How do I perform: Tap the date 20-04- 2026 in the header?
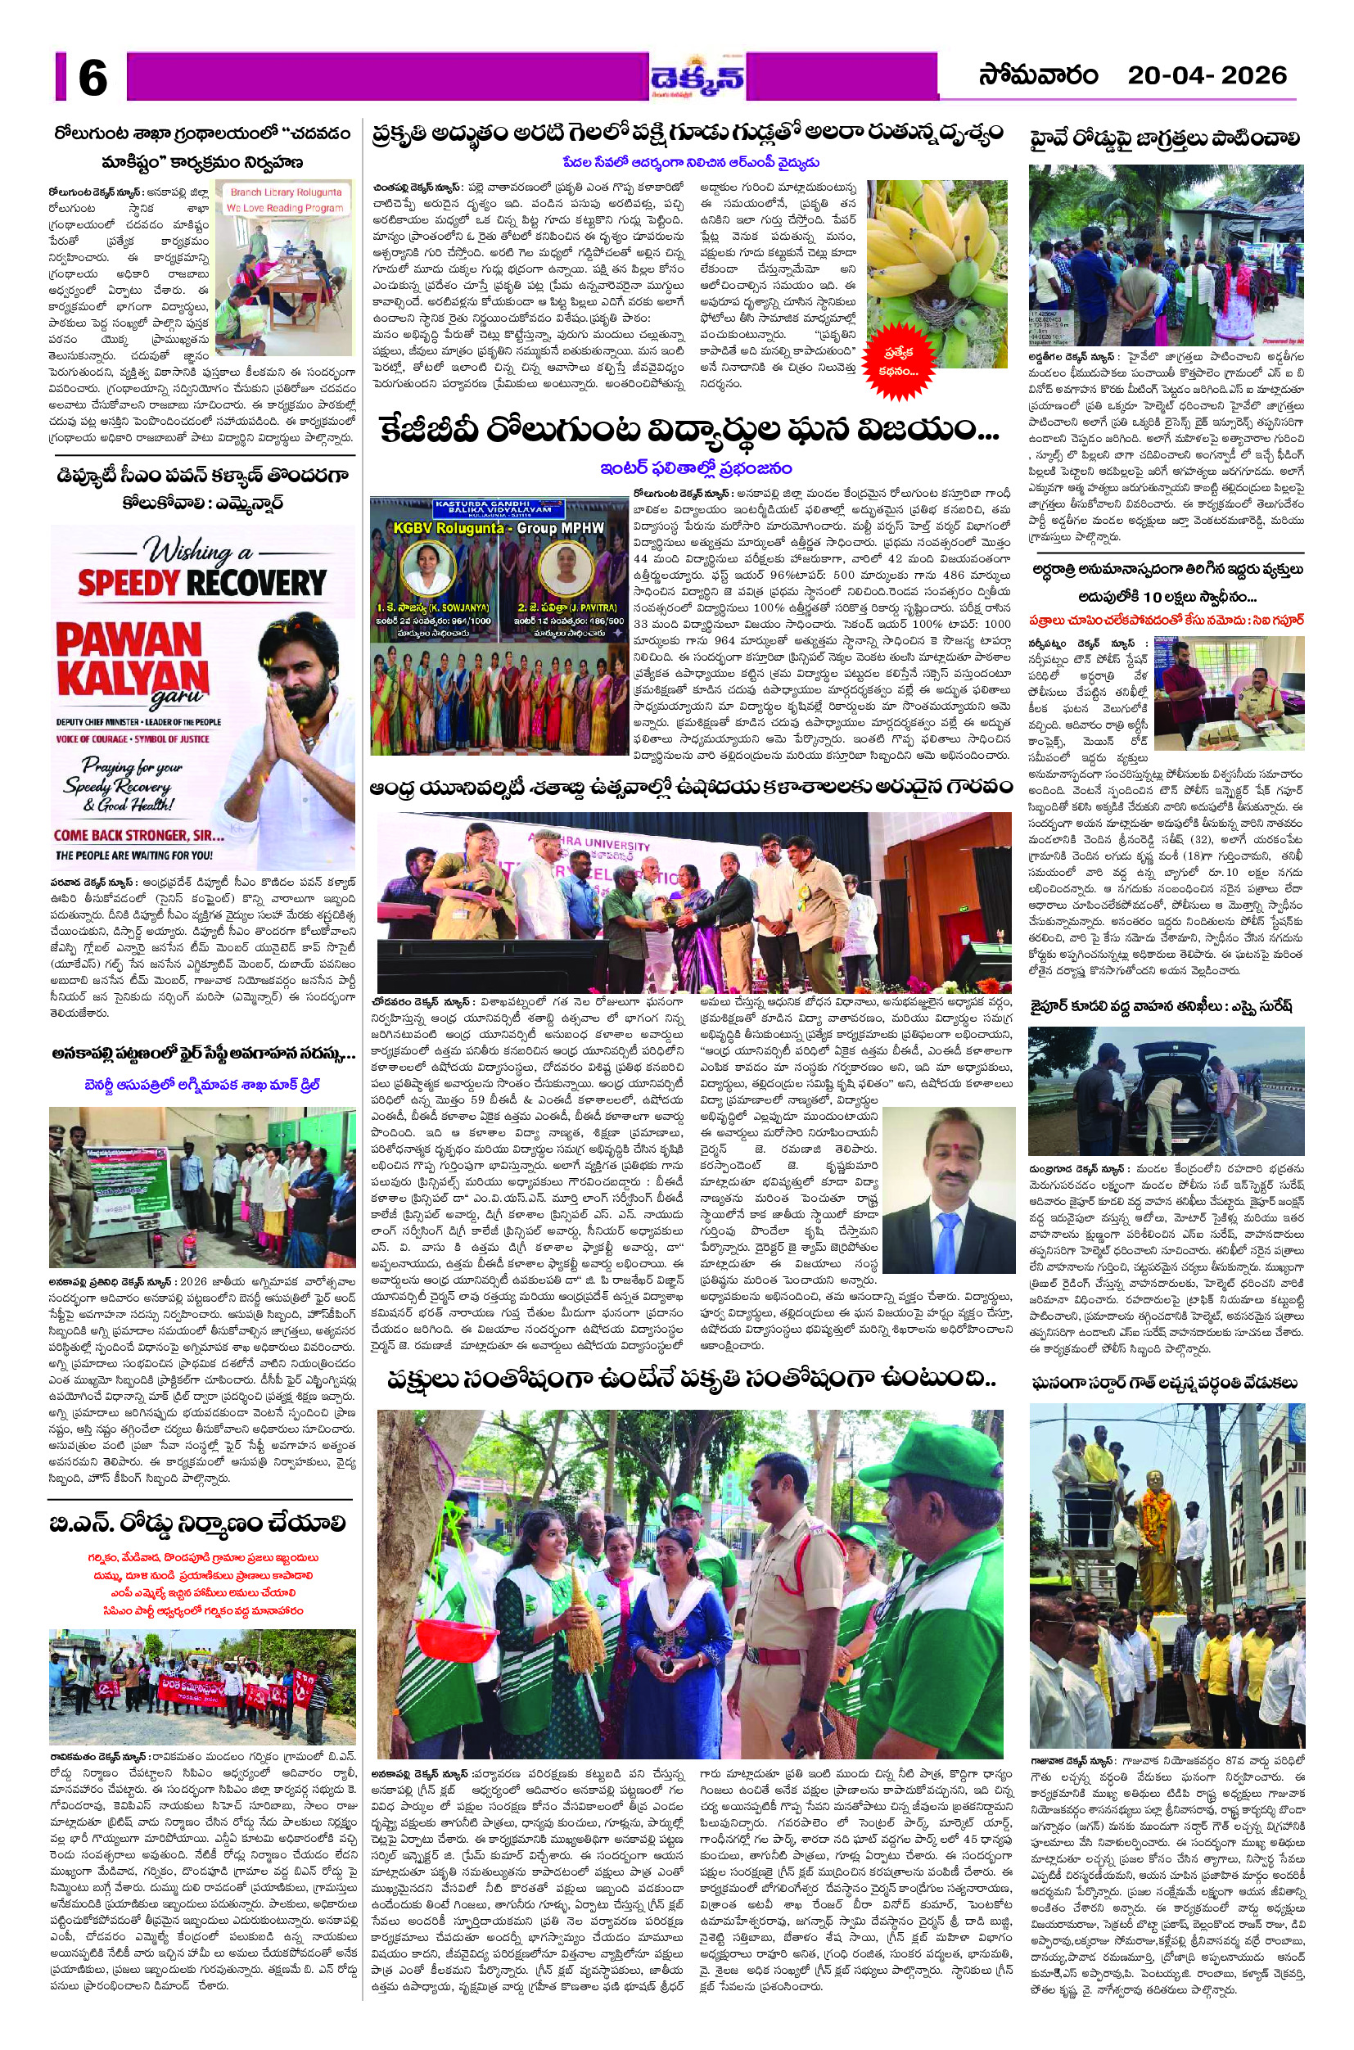pyautogui.click(x=1207, y=76)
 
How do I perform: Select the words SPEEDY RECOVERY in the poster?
pyautogui.click(x=202, y=584)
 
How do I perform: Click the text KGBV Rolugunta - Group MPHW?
pyautogui.click(x=499, y=527)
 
